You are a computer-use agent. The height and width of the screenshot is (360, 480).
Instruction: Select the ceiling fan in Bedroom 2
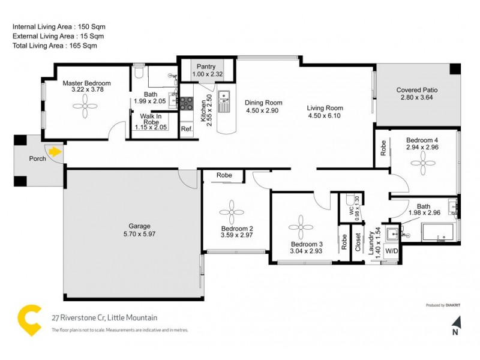[x=230, y=212]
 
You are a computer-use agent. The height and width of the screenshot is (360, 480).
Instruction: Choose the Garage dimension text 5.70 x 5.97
[x=139, y=234]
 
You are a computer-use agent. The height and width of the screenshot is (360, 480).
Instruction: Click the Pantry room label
[x=207, y=66]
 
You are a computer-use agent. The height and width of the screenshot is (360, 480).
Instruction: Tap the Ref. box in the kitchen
[x=187, y=129]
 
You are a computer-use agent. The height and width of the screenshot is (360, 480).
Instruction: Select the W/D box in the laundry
[x=391, y=251]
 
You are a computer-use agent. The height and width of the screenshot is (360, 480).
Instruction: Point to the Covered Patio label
[x=416, y=90]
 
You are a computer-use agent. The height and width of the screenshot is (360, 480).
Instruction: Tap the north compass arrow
[x=455, y=323]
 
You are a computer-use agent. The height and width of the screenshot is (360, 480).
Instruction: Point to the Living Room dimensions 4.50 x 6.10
[x=325, y=116]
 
